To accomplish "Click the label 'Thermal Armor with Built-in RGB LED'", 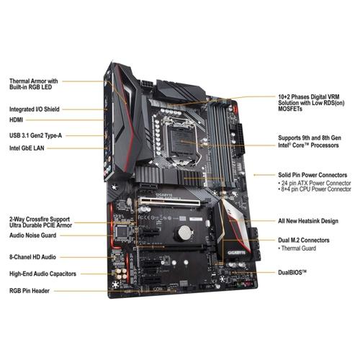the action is click(34, 84).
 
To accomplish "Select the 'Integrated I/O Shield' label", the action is click(35, 109).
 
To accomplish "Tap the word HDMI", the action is click(16, 120).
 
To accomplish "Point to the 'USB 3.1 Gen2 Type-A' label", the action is click(35, 135).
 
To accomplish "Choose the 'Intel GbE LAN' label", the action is click(27, 148).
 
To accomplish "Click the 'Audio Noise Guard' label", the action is click(32, 235).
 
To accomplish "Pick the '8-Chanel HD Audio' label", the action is click(32, 257).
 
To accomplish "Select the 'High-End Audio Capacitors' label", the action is click(42, 274).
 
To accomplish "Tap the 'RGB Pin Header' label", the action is click(30, 291).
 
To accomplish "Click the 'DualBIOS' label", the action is click(292, 272).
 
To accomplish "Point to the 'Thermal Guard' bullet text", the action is click(297, 248).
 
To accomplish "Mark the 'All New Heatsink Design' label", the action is click(308, 221).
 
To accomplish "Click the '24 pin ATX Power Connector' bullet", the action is click(315, 183).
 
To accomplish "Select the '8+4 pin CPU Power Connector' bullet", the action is click(315, 189).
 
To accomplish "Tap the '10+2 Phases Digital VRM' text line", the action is click(309, 97).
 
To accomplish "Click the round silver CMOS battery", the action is click(184, 233).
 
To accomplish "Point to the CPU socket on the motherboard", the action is click(181, 142).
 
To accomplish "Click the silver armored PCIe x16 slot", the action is click(169, 202).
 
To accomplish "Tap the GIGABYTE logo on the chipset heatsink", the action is click(237, 253).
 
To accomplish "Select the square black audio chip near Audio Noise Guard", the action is click(122, 232).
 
